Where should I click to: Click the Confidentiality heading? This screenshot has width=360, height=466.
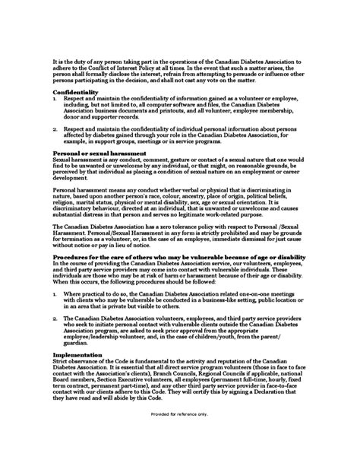point(76,91)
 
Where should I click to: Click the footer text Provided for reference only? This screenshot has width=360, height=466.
point(180,436)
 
